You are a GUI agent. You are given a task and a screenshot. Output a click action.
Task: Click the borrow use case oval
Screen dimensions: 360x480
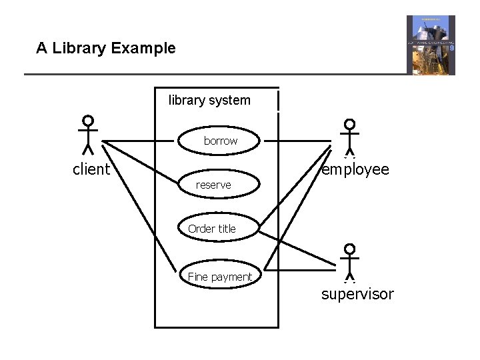pos(220,141)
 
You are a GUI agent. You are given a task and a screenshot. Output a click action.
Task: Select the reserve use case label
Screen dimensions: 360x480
pos(213,185)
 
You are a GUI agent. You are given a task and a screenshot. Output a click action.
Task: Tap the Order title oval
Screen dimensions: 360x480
pos(212,229)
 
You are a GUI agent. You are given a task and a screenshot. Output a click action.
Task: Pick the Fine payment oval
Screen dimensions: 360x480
pos(220,277)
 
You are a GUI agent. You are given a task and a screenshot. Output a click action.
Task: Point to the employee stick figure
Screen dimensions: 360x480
pos(349,137)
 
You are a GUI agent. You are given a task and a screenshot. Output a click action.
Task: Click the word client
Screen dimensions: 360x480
pos(91,169)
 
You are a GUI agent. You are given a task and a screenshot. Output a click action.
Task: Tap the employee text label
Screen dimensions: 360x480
pos(355,169)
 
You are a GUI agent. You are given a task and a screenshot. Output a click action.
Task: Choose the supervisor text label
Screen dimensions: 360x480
pos(357,294)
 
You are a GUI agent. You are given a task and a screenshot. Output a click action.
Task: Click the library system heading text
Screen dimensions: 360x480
pos(209,101)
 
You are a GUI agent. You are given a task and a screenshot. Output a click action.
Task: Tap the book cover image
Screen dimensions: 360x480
pos(431,45)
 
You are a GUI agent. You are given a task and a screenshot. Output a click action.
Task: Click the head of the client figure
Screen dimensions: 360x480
pos(87,121)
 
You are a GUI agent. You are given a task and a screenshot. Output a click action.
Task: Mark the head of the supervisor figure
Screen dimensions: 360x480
pos(349,250)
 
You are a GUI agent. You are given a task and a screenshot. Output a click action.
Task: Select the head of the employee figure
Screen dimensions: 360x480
pos(349,125)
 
